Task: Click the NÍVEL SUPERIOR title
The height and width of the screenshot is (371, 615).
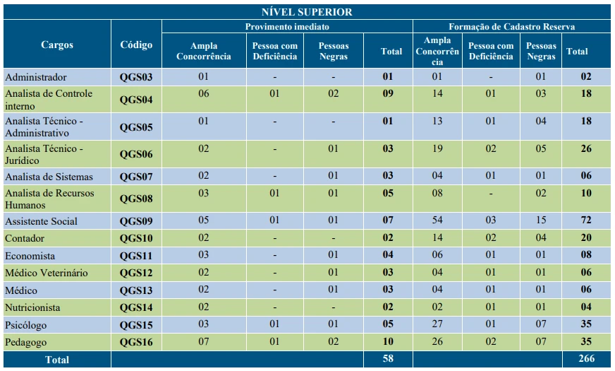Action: pos(307,12)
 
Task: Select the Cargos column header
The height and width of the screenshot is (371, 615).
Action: pos(57,45)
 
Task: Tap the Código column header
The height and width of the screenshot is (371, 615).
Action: pos(136,45)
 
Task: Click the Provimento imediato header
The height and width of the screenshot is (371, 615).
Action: pos(287,27)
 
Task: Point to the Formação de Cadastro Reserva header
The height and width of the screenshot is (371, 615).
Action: pos(511,27)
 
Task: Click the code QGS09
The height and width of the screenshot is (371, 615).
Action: pos(136,221)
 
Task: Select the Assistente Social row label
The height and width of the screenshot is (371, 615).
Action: pos(41,221)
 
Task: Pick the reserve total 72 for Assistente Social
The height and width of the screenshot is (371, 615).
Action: pos(586,220)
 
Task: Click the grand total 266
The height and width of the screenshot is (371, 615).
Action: pos(586,358)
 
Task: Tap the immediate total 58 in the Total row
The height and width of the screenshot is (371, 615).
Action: pos(388,358)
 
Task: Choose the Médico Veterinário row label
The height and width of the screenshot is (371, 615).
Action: pos(47,273)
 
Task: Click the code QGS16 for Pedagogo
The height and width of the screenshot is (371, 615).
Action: pos(136,342)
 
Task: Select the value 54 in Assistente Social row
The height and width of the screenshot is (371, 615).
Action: pos(437,220)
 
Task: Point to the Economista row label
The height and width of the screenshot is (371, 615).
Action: pos(30,256)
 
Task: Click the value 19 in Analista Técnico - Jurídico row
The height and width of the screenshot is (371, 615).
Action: pos(437,148)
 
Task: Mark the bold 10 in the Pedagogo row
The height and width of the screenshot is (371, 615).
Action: pos(388,341)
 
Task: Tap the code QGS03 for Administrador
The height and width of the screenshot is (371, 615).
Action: pos(136,78)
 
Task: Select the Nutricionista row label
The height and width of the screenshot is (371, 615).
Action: pos(32,307)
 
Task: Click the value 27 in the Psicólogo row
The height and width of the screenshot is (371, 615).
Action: pos(437,324)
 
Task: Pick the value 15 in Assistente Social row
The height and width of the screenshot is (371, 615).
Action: pos(541,220)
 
